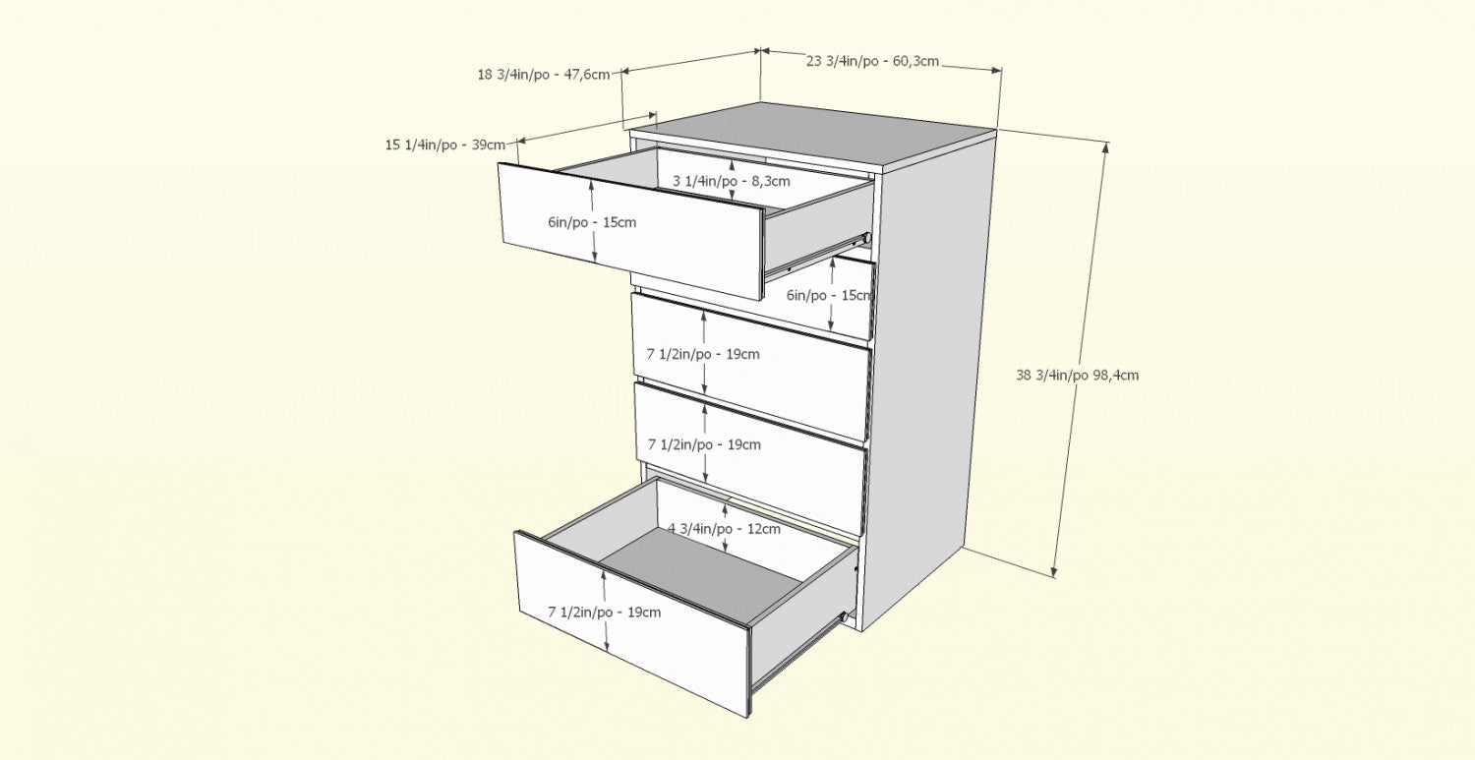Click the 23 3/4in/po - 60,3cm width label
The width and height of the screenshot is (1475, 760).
pyautogui.click(x=872, y=61)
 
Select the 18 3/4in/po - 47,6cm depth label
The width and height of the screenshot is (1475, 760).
pyautogui.click(x=544, y=75)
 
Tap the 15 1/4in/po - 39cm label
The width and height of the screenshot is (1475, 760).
pyautogui.click(x=445, y=145)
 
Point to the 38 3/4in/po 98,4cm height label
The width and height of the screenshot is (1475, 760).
pyautogui.click(x=1078, y=376)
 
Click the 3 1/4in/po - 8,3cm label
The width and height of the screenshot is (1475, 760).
pyautogui.click(x=731, y=181)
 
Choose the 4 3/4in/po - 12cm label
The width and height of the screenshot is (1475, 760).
pyautogui.click(x=724, y=529)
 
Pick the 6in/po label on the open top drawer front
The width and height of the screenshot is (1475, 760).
pyautogui.click(x=592, y=222)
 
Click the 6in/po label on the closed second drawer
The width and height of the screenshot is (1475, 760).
pyautogui.click(x=830, y=296)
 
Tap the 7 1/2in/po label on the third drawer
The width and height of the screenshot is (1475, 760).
pyautogui.click(x=703, y=354)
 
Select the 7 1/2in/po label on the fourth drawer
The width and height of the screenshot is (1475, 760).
pyautogui.click(x=705, y=445)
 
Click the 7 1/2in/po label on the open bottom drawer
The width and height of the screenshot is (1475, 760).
pyautogui.click(x=605, y=613)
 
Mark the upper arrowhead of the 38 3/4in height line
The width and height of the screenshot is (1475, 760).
pyautogui.click(x=1105, y=146)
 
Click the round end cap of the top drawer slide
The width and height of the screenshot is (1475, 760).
pyautogui.click(x=867, y=238)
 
